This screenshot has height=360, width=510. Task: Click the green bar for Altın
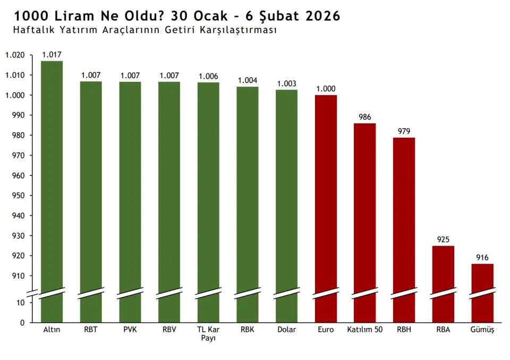click(x=52, y=175)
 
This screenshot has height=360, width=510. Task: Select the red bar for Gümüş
click(x=482, y=279)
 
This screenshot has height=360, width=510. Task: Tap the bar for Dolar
click(x=286, y=191)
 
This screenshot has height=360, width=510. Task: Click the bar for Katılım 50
click(x=365, y=207)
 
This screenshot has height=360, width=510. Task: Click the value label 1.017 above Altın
click(x=52, y=55)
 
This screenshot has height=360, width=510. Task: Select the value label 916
click(x=482, y=257)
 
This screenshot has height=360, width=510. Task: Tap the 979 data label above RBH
click(x=404, y=131)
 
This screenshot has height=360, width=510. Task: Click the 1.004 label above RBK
click(x=248, y=80)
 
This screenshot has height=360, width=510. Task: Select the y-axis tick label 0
click(x=22, y=323)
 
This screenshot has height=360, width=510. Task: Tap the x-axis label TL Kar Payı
click(x=208, y=334)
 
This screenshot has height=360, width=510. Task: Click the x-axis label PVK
click(x=130, y=330)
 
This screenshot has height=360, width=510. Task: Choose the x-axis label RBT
click(x=91, y=330)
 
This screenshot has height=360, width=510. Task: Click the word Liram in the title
click(x=74, y=16)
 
